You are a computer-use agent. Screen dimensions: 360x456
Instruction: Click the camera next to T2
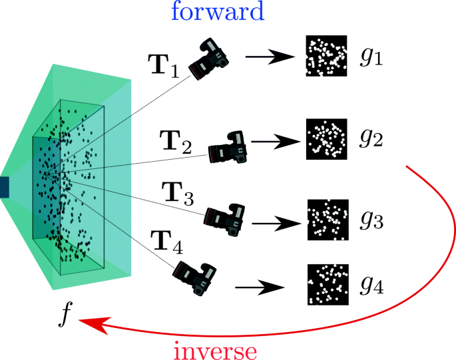pyautogui.click(x=228, y=146)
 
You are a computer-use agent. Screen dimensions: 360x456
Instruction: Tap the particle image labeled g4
pyautogui.click(x=328, y=284)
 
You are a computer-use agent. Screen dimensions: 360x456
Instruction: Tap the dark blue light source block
pyautogui.click(x=4, y=187)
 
